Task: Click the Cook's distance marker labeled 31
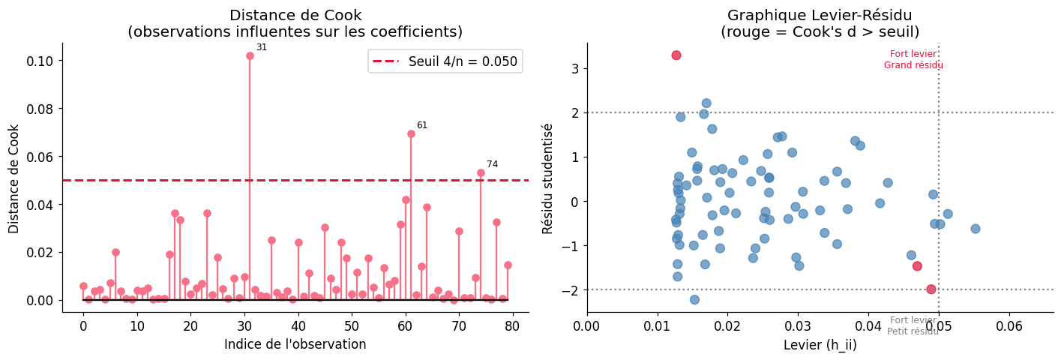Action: [250, 55]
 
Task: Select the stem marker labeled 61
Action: [411, 133]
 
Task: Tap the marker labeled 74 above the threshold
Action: [481, 172]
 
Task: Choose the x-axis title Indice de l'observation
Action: [295, 345]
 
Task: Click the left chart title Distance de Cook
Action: [295, 15]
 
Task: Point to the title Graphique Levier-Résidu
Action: [820, 15]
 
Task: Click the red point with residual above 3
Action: [676, 55]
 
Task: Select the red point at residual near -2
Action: [931, 289]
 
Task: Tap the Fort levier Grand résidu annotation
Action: [913, 60]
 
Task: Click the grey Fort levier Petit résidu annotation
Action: [913, 326]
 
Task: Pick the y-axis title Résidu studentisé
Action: [548, 178]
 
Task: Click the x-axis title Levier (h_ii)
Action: [820, 345]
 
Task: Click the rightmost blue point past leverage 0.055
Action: [976, 229]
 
